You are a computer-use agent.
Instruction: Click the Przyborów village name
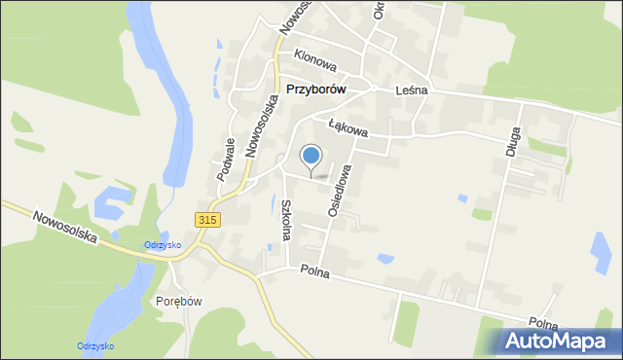click(x=317, y=89)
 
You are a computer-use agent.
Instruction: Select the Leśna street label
click(x=413, y=90)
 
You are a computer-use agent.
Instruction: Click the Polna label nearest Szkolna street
click(x=315, y=273)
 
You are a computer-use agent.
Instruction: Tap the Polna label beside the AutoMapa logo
click(x=544, y=323)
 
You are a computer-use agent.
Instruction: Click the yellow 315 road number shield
click(x=207, y=220)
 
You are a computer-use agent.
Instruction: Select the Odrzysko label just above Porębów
click(x=163, y=244)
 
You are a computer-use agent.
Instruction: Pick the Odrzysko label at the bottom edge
click(x=96, y=346)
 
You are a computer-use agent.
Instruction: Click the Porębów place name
click(x=179, y=301)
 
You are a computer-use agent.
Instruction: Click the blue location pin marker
click(x=311, y=156)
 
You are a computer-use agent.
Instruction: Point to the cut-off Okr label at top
click(x=380, y=10)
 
